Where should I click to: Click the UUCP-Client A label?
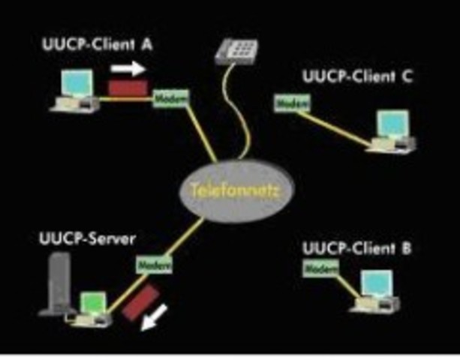coord(96,44)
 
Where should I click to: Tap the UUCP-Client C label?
coord(356,76)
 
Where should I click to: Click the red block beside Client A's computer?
coord(128,87)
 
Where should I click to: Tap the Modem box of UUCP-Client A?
coord(172,98)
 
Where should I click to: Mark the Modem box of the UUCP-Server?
coord(155,264)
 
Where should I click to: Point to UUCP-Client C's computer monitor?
coord(393,123)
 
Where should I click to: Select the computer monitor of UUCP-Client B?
coord(377,284)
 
